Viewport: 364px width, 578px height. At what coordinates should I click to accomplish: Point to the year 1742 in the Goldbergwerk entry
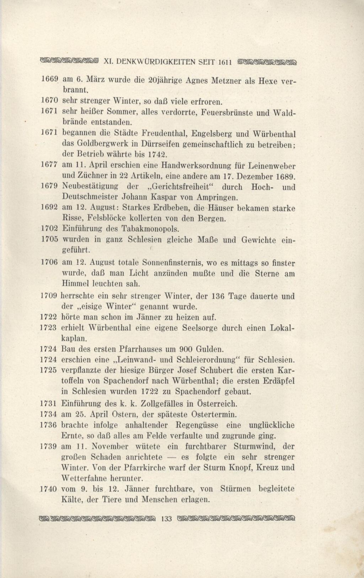157,155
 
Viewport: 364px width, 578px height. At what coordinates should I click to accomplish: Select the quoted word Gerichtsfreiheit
183,187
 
